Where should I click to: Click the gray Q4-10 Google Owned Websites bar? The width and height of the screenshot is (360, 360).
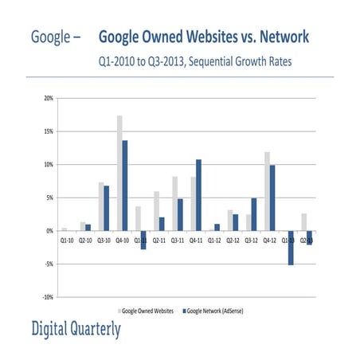point(119,173)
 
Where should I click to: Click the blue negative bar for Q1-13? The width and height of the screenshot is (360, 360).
point(292,248)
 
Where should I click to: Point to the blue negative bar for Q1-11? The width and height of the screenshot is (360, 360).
point(143,240)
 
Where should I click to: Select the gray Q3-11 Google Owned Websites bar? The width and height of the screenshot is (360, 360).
point(174,204)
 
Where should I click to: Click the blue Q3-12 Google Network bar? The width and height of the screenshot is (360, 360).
point(254,214)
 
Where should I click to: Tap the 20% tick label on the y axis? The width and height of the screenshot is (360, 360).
point(49,99)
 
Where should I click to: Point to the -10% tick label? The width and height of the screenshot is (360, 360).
point(48,296)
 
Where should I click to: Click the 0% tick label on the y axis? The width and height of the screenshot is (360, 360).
point(49,231)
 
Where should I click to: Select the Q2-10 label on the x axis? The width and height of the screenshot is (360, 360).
point(85,238)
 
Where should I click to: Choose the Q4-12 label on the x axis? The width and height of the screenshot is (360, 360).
point(269,238)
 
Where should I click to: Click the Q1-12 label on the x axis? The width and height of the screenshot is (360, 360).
point(214,238)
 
